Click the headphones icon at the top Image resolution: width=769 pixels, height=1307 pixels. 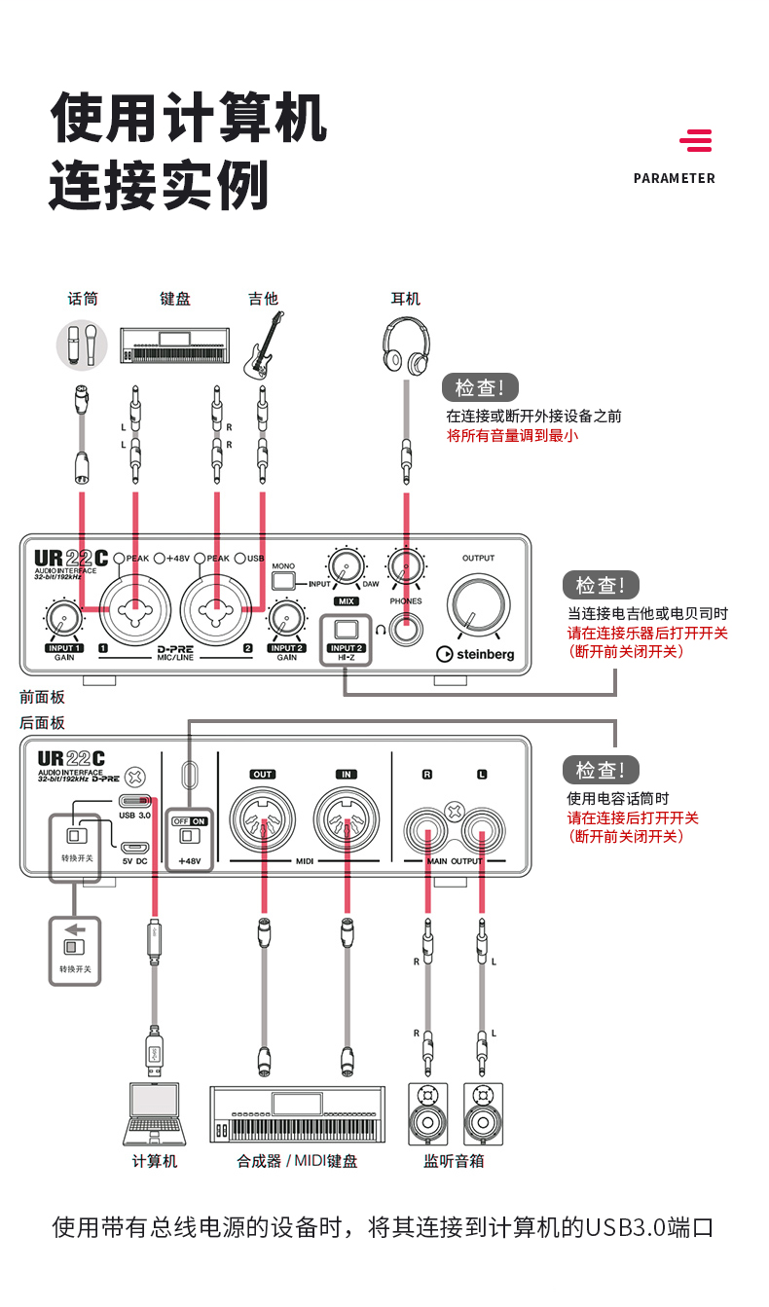pyautogui.click(x=405, y=348)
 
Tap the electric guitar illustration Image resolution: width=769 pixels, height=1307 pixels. pyautogui.click(x=263, y=346)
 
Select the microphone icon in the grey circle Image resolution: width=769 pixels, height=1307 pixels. pyautogui.click(x=82, y=345)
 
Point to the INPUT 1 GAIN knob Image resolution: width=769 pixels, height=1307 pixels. pyautogui.click(x=63, y=618)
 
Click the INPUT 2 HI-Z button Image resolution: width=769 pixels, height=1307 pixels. pyautogui.click(x=347, y=628)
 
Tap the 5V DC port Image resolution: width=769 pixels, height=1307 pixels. pyautogui.click(x=134, y=847)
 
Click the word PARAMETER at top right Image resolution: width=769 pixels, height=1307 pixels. pyautogui.click(x=674, y=178)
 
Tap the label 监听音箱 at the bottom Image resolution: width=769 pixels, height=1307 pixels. pyautogui.click(x=454, y=1161)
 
